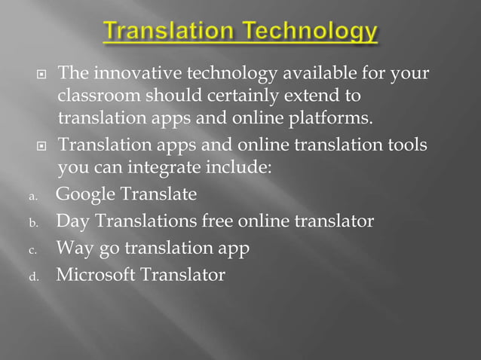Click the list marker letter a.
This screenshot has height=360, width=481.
[x=32, y=197]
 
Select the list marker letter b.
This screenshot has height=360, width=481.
[x=32, y=224]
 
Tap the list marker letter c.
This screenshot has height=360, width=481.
[x=32, y=250]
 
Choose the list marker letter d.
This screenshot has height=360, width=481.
[x=32, y=277]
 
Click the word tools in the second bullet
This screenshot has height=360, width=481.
[x=405, y=144]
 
